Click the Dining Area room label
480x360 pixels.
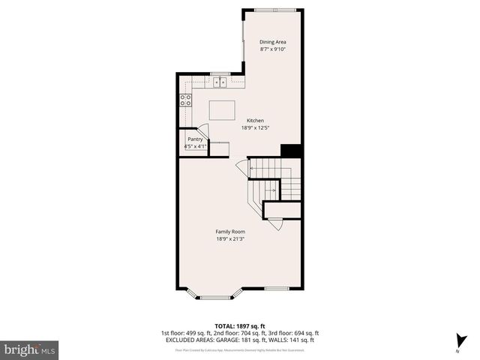[272, 41]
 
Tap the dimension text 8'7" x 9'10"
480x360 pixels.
[272, 49]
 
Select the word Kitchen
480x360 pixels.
[255, 120]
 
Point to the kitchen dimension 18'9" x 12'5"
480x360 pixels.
[255, 127]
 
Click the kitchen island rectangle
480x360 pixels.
[221, 110]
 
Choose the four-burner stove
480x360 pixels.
[185, 100]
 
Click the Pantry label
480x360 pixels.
[195, 139]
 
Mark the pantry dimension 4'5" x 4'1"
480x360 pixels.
[195, 146]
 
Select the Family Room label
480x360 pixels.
[231, 232]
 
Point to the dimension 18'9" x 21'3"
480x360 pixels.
[231, 239]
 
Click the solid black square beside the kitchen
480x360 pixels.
[291, 150]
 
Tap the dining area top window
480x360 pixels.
[273, 9]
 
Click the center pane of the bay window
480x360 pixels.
[215, 298]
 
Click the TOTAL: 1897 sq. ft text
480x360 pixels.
[240, 326]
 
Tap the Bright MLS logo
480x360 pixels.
[31, 349]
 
